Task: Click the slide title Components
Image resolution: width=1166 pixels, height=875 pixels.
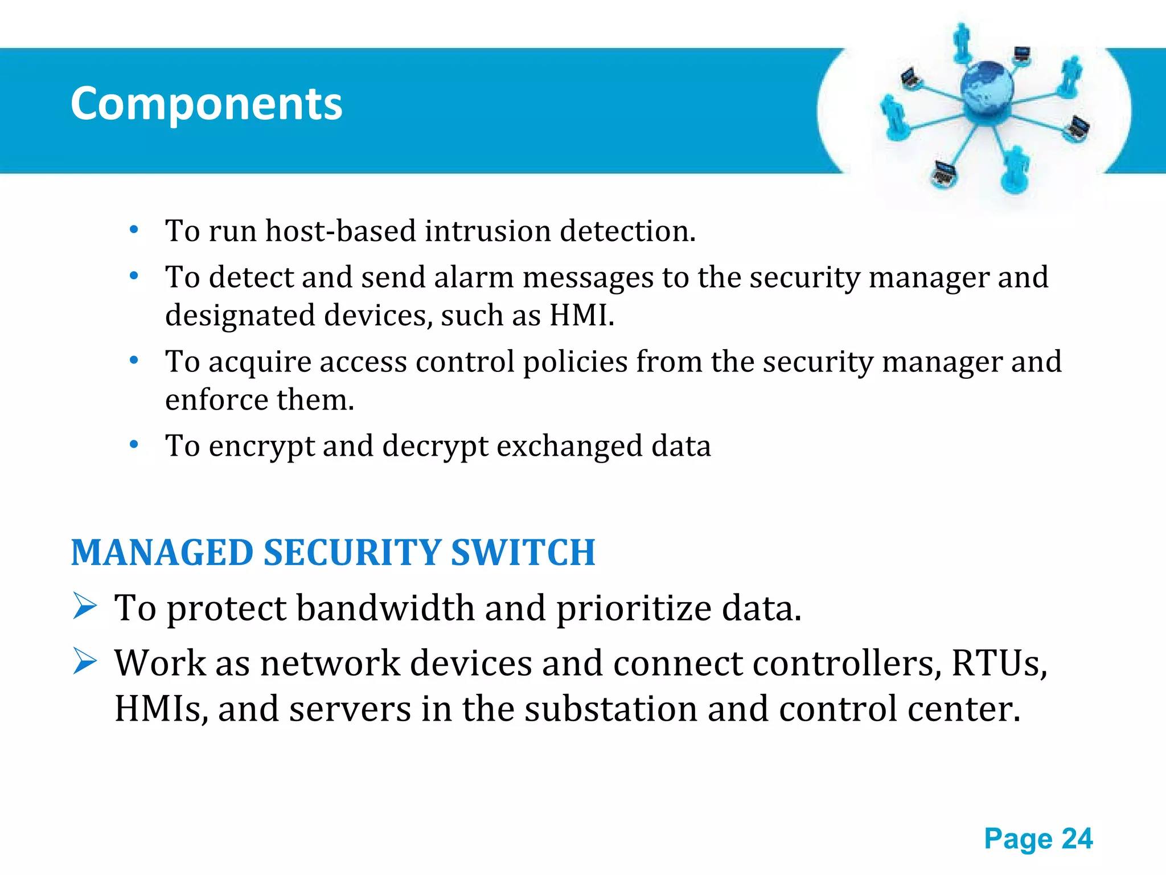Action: [x=206, y=104]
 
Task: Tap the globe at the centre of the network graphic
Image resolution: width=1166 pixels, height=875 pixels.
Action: [x=987, y=88]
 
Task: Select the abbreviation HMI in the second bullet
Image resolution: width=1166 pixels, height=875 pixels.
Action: [x=578, y=315]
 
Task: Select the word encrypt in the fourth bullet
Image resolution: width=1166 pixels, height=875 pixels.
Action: [x=261, y=447]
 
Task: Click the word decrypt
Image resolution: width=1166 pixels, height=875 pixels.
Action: [x=435, y=447]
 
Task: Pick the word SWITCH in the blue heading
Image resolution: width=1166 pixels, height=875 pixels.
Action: [x=523, y=553]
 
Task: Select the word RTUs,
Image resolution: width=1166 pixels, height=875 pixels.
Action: [x=999, y=663]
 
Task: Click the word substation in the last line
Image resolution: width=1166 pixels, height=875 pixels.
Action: [x=611, y=709]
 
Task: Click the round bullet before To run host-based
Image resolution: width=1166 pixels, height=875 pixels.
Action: [x=134, y=230]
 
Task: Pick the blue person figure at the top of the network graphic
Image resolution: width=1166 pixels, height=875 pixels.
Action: [x=962, y=41]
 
